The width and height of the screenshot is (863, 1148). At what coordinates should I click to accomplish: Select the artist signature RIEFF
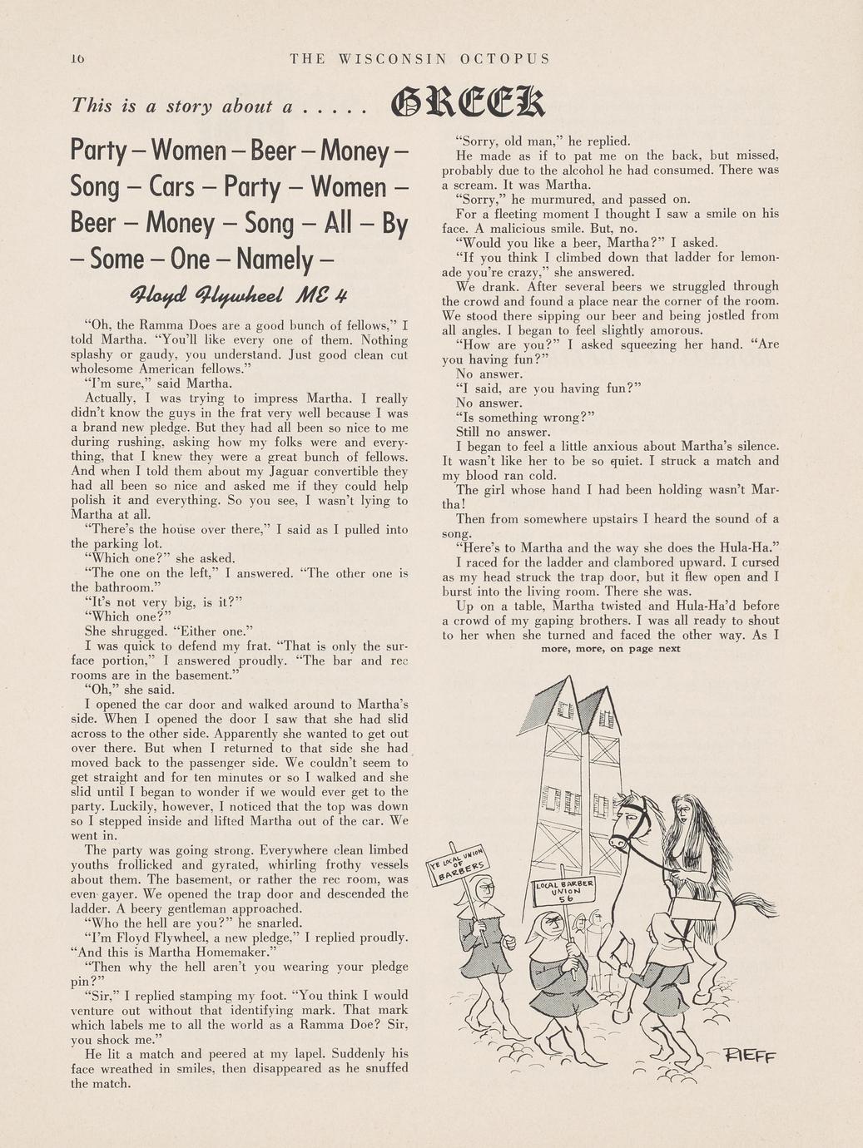click(751, 1058)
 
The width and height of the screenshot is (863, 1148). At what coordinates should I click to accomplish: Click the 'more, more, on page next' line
click(611, 649)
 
